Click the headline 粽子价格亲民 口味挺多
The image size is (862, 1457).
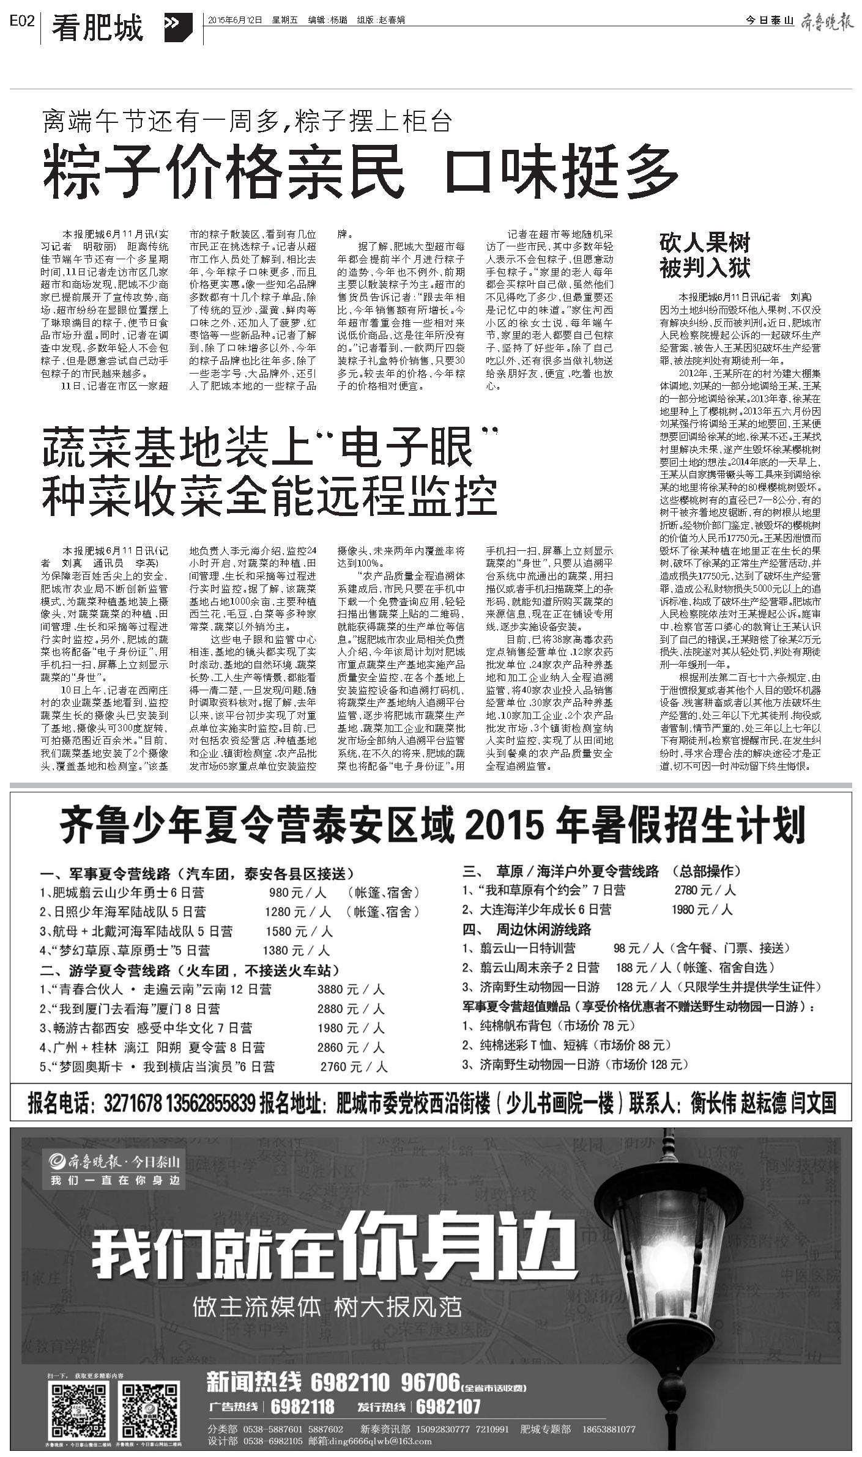point(360,170)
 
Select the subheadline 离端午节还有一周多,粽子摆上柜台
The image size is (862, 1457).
point(247,122)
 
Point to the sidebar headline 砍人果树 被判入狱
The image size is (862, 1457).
point(705,255)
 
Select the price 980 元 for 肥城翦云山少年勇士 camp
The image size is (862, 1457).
point(299,892)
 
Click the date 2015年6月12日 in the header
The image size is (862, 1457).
point(235,20)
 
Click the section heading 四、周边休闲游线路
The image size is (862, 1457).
point(527,929)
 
